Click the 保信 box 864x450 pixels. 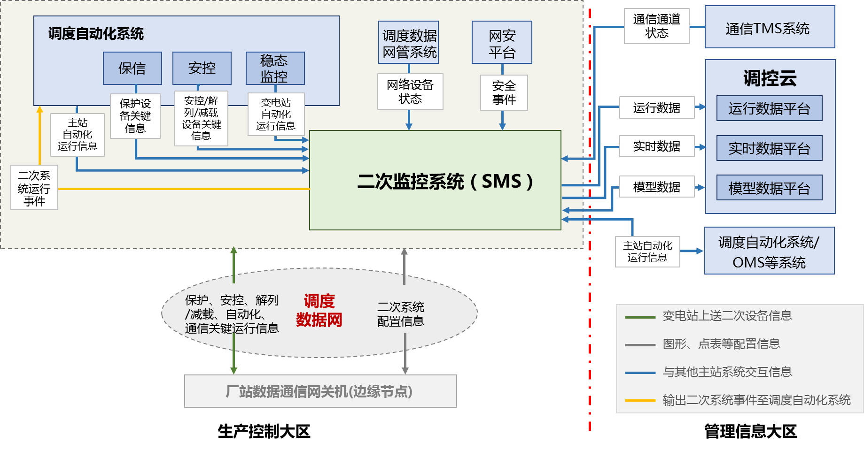(x=132, y=69)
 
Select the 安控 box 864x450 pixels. (x=202, y=69)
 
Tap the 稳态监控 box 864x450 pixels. (x=275, y=69)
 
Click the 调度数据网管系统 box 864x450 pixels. (x=409, y=43)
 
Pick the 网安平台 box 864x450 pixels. (x=502, y=43)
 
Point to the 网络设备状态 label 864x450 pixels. (x=410, y=92)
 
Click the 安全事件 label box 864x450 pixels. (x=504, y=93)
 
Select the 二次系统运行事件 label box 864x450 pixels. (x=34, y=188)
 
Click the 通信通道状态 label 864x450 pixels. (x=656, y=26)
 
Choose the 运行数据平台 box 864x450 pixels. (x=769, y=108)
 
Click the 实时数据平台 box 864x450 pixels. (x=769, y=148)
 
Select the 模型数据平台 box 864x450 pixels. (x=769, y=188)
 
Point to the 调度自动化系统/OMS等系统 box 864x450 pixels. (x=769, y=251)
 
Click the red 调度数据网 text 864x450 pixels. (x=319, y=310)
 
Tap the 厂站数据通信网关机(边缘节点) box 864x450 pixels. (x=320, y=391)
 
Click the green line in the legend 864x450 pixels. (x=640, y=318)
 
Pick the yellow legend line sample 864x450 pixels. (x=640, y=401)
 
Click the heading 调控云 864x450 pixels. (x=770, y=78)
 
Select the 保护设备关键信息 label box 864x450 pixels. (x=135, y=116)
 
